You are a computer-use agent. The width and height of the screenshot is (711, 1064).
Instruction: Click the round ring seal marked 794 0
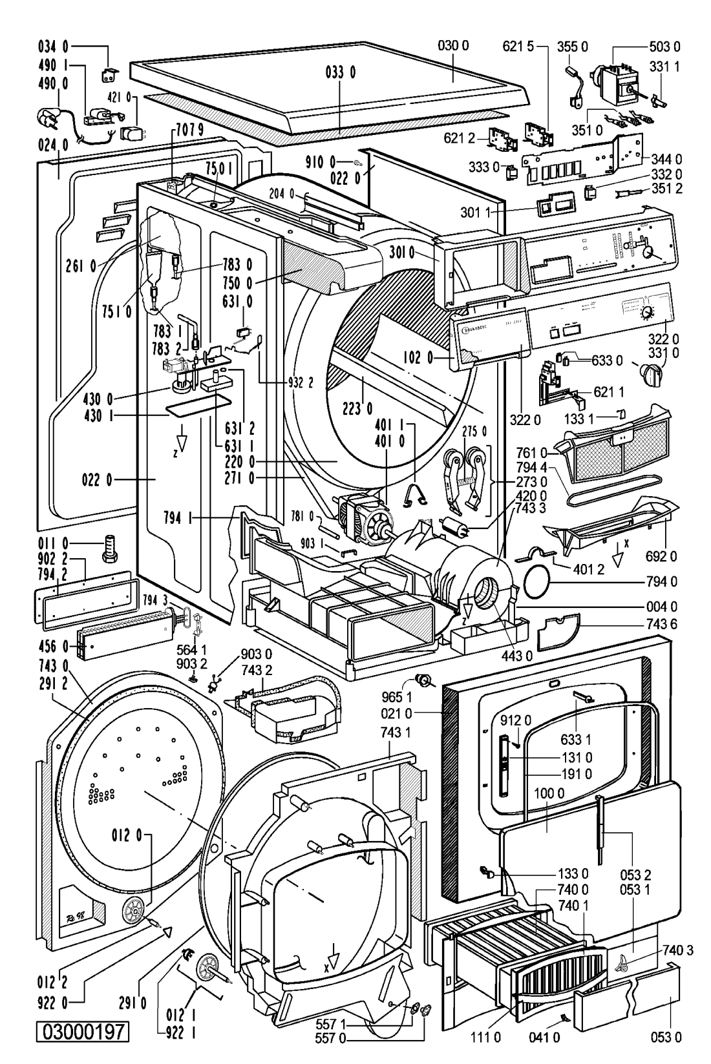coord(536,582)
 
